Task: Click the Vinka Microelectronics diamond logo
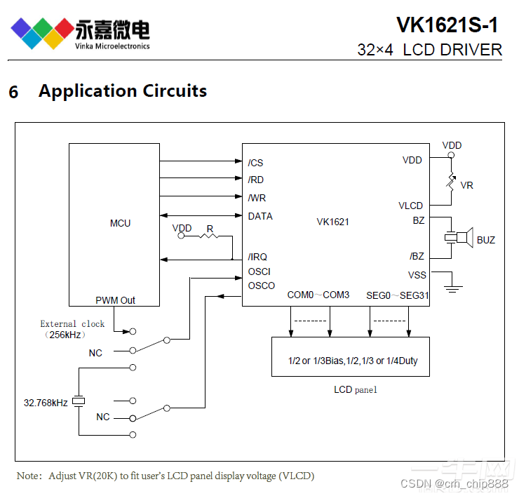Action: (x=42, y=32)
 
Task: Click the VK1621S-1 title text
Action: (x=447, y=25)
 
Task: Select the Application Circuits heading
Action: (x=122, y=91)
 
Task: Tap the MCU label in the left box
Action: (x=120, y=223)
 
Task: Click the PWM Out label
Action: (x=115, y=300)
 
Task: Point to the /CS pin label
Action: (x=255, y=163)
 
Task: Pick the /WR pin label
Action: (x=257, y=198)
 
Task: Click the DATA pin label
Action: (x=260, y=216)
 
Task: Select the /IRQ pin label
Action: (x=257, y=257)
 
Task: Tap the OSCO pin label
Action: (x=261, y=286)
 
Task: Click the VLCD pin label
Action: (x=410, y=206)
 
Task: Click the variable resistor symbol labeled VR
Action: (x=452, y=181)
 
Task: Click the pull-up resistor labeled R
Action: (x=209, y=236)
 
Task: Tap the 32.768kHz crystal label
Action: (x=46, y=403)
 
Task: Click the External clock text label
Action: (x=72, y=324)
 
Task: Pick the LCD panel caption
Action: (x=355, y=389)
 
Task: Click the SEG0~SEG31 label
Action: (x=397, y=295)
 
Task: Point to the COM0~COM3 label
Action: (x=318, y=295)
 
